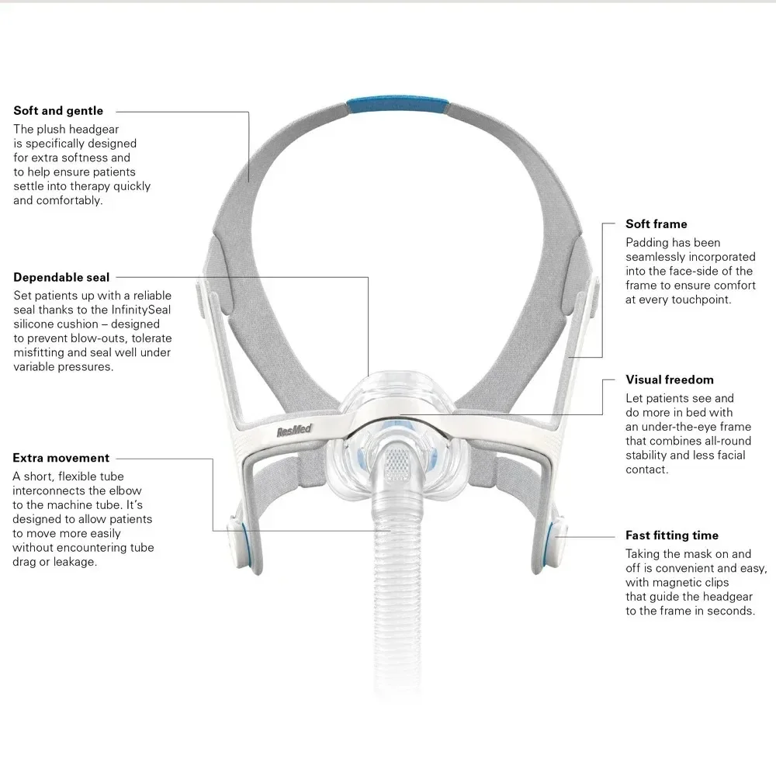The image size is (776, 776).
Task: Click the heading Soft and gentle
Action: pyautogui.click(x=58, y=111)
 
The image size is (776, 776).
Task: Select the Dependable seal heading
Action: pyautogui.click(x=61, y=277)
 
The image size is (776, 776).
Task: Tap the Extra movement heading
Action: pyautogui.click(x=61, y=458)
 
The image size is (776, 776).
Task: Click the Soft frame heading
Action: pyautogui.click(x=656, y=224)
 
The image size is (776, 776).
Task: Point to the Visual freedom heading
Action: pyautogui.click(x=670, y=379)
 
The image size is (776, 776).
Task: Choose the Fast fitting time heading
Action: pyautogui.click(x=672, y=535)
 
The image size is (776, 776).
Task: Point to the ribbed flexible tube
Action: pyautogui.click(x=395, y=590)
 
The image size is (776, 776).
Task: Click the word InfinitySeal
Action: pyautogui.click(x=147, y=310)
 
